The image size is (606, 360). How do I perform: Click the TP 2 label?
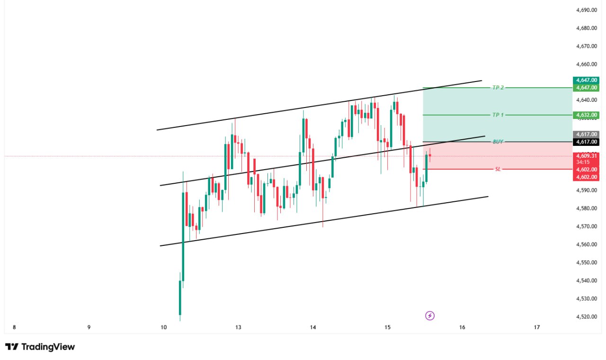(498, 88)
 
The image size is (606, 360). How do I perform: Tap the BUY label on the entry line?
(498, 142)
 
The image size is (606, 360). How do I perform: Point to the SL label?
(498, 169)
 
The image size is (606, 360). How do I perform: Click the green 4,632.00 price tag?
(586, 115)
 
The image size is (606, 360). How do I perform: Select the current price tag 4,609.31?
(586, 155)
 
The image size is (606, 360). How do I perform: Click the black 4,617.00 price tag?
(586, 142)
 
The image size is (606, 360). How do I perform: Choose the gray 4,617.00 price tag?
(586, 135)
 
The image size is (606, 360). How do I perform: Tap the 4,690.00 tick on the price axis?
(586, 10)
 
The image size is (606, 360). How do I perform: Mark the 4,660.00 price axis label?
(586, 64)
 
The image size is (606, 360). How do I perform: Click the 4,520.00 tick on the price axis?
(586, 316)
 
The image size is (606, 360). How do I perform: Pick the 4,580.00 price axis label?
(586, 208)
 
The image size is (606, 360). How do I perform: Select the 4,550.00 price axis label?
(586, 262)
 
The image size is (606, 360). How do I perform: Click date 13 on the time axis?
(238, 327)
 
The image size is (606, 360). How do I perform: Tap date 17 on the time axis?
(537, 327)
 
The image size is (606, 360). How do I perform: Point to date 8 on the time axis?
(14, 327)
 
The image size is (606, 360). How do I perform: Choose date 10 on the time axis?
(164, 327)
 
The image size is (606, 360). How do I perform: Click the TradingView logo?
(40, 347)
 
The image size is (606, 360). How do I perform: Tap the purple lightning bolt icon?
(430, 315)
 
